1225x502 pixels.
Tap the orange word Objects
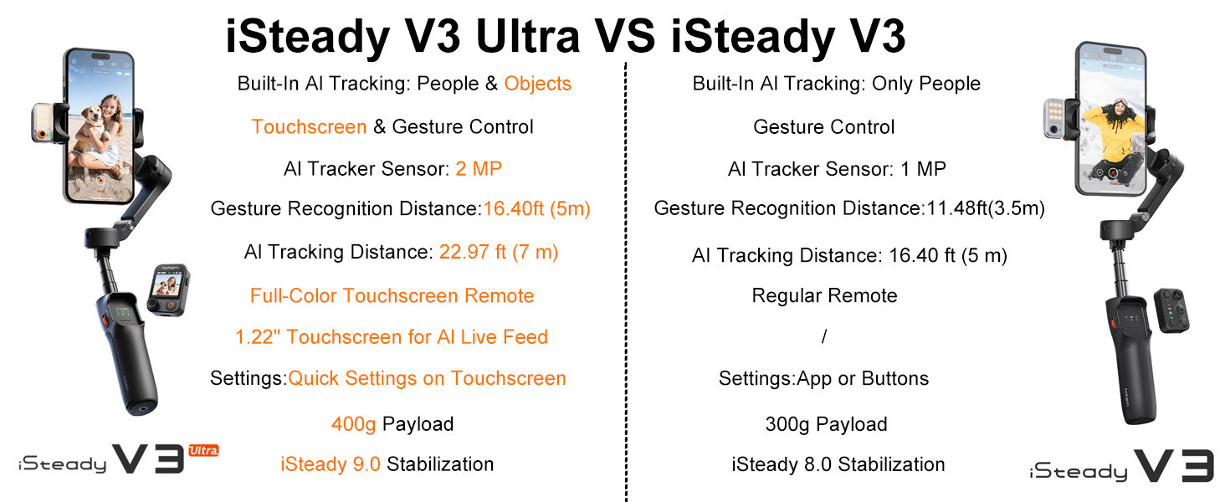(537, 84)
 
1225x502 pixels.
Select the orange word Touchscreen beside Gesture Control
(309, 127)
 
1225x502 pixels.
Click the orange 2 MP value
(479, 169)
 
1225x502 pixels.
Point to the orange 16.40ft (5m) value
(536, 208)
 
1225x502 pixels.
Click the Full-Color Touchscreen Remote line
(392, 295)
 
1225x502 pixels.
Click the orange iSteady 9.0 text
(331, 464)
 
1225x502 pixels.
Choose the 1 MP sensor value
(923, 169)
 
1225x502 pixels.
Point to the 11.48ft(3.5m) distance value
(986, 208)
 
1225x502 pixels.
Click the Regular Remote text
(824, 295)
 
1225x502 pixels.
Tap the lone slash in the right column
(824, 337)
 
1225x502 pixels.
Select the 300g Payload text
(826, 424)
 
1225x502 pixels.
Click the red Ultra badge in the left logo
(203, 451)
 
